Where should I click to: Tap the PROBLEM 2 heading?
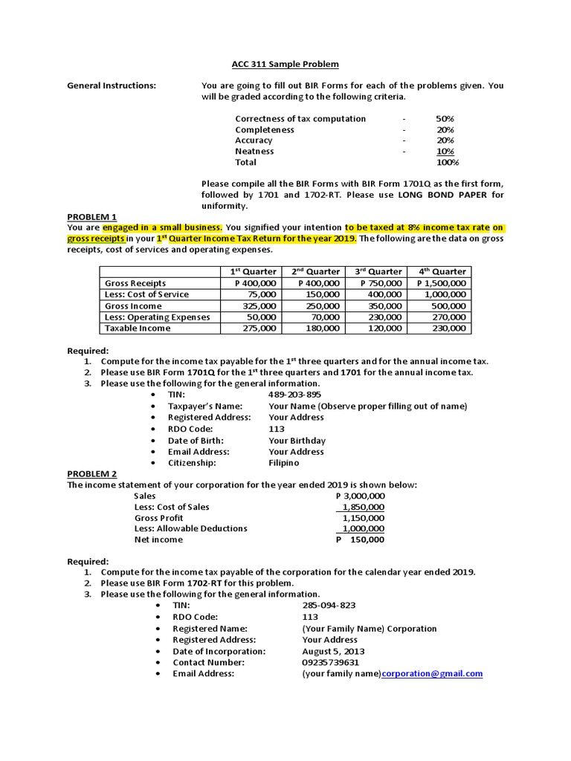(92, 473)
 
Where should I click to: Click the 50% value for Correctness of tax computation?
(445, 119)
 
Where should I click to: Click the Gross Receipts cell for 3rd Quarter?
(381, 283)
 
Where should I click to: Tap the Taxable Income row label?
(138, 328)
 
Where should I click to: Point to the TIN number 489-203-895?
(295, 395)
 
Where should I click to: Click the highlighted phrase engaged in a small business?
(162, 227)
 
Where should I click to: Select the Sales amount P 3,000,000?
(360, 496)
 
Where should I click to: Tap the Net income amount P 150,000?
(360, 540)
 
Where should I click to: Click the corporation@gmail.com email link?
(432, 673)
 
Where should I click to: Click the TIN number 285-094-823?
(329, 606)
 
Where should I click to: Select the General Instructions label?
(112, 85)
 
